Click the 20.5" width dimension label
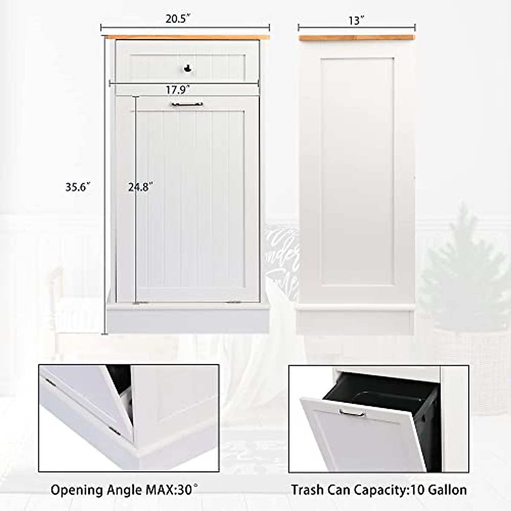[178, 20]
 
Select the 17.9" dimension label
[178, 90]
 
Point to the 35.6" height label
[78, 187]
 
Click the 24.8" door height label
[141, 187]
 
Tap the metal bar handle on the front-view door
[187, 104]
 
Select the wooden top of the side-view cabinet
[356, 38]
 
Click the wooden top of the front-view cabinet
[187, 37]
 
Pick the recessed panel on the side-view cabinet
[356, 170]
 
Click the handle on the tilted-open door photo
[353, 412]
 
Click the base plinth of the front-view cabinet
[187, 319]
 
